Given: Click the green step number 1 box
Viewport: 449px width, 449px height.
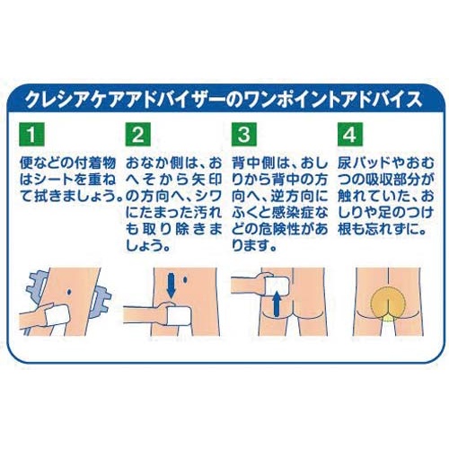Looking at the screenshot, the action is (x=31, y=134).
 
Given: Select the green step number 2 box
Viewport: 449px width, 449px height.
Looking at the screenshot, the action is (x=137, y=134).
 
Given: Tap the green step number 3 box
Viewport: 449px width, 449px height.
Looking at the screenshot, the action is (x=244, y=134).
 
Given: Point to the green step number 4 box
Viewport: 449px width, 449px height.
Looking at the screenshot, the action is (x=350, y=134).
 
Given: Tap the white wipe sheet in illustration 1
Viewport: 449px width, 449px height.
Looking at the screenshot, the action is (x=57, y=317).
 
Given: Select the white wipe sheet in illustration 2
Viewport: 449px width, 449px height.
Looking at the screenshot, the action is (x=178, y=317).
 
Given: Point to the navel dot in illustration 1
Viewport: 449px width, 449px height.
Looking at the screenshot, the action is (x=69, y=292).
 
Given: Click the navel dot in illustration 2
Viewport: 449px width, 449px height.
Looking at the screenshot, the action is (x=185, y=280).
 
